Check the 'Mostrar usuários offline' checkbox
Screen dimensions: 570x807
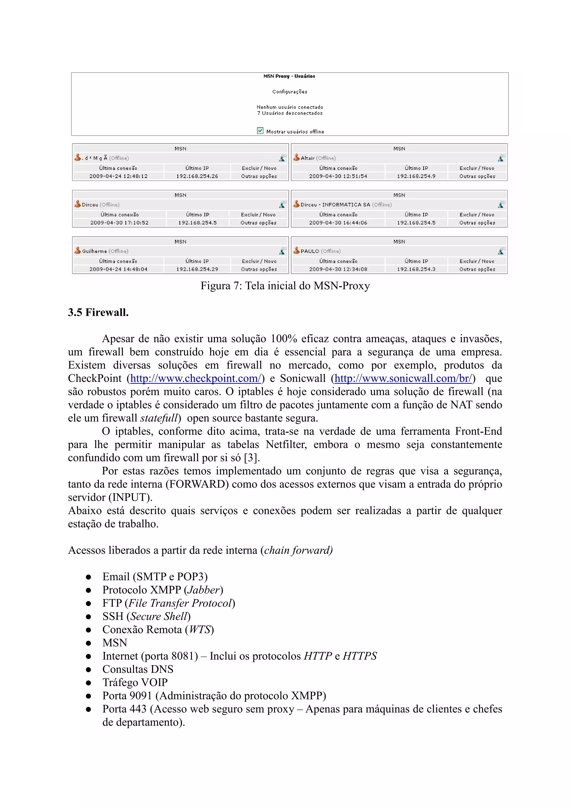click(260, 131)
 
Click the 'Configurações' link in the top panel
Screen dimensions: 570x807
click(290, 92)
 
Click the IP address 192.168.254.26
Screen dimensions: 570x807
click(197, 176)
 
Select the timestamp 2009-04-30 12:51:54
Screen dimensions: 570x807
click(338, 176)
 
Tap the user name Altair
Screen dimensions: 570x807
click(307, 158)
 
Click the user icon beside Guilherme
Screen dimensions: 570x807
click(77, 250)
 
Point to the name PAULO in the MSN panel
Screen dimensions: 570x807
click(310, 251)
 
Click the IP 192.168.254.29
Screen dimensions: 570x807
click(197, 269)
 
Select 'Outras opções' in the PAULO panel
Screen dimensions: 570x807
click(477, 269)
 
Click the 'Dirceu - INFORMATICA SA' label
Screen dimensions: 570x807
click(335, 205)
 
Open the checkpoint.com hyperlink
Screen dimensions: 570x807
click(196, 378)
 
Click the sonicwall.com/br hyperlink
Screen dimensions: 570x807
click(403, 378)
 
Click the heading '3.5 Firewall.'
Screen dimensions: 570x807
click(98, 312)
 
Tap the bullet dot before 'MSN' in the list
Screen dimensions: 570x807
click(89, 643)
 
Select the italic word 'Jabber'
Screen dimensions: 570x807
click(203, 590)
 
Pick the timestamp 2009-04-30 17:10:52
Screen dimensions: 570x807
click(119, 222)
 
